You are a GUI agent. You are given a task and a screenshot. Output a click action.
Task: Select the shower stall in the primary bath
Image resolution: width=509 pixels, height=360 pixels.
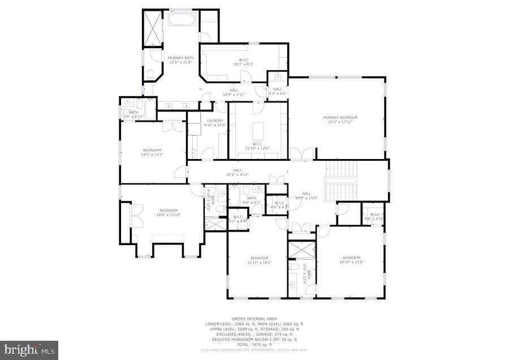[x=151, y=29]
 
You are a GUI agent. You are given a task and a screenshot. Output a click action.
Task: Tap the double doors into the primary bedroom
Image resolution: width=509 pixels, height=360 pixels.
[x=301, y=153]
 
